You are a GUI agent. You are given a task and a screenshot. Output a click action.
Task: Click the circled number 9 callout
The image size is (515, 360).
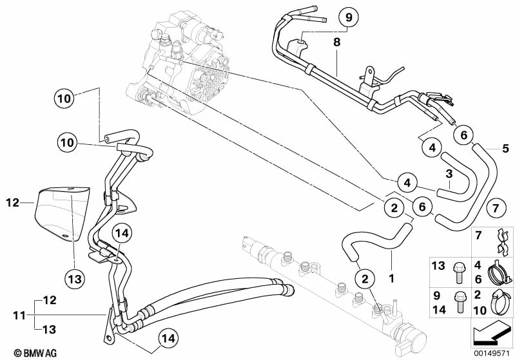point(348,17)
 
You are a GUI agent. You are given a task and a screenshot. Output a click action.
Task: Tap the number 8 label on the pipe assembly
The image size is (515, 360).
point(336,43)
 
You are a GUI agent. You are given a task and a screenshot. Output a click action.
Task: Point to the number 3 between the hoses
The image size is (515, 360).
point(448,173)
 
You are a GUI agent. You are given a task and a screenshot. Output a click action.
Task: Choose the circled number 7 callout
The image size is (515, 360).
point(494,208)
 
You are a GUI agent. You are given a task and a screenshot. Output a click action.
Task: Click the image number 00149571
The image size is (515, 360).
point(489,352)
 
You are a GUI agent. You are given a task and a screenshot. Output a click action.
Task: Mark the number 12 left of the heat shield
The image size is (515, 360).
point(14,203)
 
